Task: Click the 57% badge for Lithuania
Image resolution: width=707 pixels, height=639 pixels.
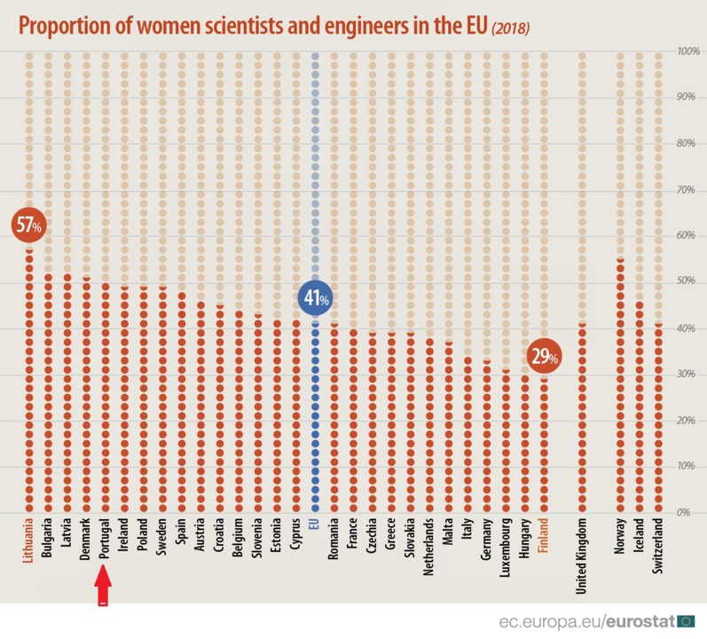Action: tap(27, 225)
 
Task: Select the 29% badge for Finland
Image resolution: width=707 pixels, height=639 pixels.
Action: tap(543, 357)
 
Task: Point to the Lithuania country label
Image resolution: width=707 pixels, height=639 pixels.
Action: tap(28, 540)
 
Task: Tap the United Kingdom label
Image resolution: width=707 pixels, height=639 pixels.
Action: tap(582, 554)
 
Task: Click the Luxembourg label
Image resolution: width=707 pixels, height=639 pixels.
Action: tap(507, 546)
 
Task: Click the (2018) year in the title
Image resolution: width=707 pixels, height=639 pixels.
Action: tap(510, 29)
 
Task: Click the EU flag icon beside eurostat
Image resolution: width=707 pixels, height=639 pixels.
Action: tap(687, 619)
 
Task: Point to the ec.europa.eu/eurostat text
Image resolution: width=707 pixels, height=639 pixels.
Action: tap(585, 619)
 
